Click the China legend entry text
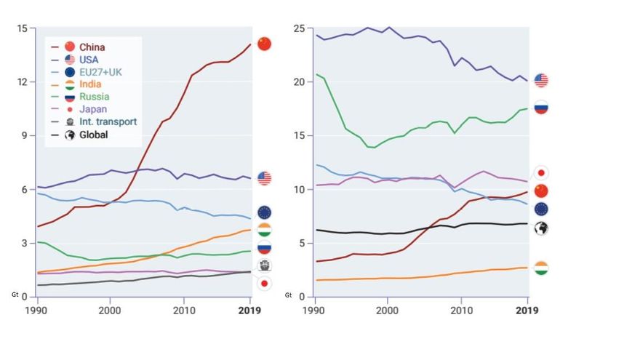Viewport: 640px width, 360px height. click(x=92, y=47)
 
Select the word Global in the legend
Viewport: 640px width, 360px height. click(x=95, y=135)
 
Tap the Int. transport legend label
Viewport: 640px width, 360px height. click(x=108, y=121)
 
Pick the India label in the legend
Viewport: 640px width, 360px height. click(x=90, y=84)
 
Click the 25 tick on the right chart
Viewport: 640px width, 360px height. click(x=297, y=28)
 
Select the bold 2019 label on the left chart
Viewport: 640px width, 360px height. click(x=250, y=310)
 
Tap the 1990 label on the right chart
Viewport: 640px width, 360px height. click(x=314, y=310)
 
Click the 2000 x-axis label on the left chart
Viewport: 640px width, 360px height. click(x=110, y=310)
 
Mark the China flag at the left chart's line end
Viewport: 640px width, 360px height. click(x=264, y=44)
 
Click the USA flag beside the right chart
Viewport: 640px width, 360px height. click(x=541, y=80)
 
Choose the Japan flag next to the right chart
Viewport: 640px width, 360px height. click(x=541, y=172)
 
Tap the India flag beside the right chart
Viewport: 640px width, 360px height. click(x=541, y=268)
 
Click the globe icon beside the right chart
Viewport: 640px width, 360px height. click(x=541, y=228)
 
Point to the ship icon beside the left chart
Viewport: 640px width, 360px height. click(x=264, y=265)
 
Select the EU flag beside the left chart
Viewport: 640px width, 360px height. click(x=264, y=212)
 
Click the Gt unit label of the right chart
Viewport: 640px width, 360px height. click(x=289, y=296)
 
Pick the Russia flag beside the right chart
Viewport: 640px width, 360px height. click(x=541, y=108)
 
